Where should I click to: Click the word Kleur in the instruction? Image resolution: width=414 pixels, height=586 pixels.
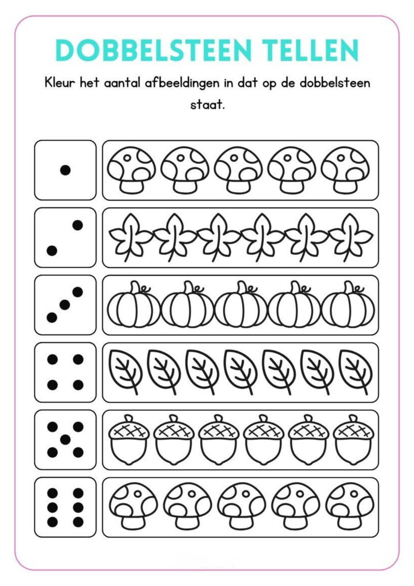(60, 83)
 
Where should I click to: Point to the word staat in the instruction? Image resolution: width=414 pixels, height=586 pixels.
(207, 105)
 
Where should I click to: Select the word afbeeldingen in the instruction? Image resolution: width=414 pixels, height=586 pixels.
(182, 83)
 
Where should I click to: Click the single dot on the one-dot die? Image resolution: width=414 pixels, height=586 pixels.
(65, 170)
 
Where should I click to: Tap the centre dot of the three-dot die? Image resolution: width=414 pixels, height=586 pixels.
(65, 305)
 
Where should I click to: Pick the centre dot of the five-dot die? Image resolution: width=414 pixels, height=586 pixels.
(65, 439)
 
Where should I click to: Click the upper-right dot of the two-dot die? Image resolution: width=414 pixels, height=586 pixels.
(78, 225)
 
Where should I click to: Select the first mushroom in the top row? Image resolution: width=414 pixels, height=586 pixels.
(131, 170)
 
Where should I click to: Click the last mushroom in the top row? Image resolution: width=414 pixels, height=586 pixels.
(345, 170)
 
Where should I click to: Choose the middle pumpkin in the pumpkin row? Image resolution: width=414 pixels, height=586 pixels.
(241, 305)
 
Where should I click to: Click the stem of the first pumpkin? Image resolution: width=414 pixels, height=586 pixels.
(135, 287)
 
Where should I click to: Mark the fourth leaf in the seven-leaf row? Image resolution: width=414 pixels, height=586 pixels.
(240, 372)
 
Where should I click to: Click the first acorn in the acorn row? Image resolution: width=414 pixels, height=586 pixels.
(129, 439)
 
